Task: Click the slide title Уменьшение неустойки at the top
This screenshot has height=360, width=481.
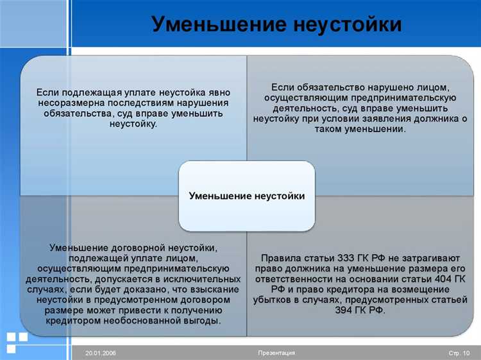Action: pyautogui.click(x=276, y=25)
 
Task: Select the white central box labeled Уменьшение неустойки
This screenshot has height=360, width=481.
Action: pyautogui.click(x=247, y=196)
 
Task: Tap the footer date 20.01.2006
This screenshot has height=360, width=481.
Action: pyautogui.click(x=101, y=354)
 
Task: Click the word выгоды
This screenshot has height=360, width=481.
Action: pyautogui.click(x=203, y=321)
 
